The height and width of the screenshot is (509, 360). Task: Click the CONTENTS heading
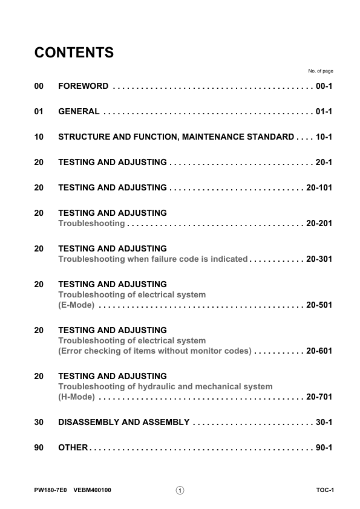[74, 53]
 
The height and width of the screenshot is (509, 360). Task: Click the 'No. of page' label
[321, 71]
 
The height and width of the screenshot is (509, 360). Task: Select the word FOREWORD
[83, 86]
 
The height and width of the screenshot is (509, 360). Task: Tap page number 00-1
[324, 86]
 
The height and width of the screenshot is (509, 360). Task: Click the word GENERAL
[79, 112]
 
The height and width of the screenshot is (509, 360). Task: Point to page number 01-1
[324, 112]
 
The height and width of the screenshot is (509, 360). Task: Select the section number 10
[39, 137]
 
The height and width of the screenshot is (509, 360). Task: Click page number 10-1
[324, 137]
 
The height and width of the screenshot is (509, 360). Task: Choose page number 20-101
[319, 188]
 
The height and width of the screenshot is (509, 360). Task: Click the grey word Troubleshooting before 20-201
[91, 224]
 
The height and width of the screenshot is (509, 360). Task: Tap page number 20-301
[319, 259]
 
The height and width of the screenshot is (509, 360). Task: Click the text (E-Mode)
[76, 305]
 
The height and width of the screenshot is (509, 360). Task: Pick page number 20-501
[319, 305]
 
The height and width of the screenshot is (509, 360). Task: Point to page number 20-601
[319, 351]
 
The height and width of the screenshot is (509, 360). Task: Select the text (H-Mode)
[76, 397]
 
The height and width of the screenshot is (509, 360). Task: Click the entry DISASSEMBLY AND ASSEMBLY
[123, 422]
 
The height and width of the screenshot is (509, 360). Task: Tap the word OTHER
[73, 448]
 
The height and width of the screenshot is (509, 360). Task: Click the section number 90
[39, 448]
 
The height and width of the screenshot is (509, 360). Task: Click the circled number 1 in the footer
[180, 490]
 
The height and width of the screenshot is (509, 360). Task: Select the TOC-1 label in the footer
[324, 490]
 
